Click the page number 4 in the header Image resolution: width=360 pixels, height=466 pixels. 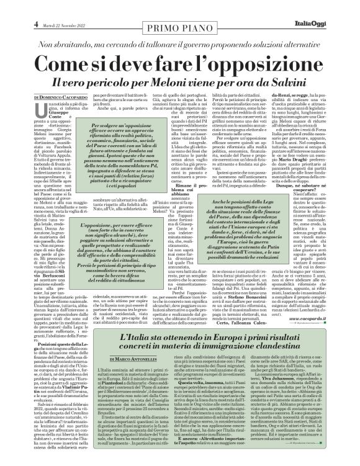click(11, 7)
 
